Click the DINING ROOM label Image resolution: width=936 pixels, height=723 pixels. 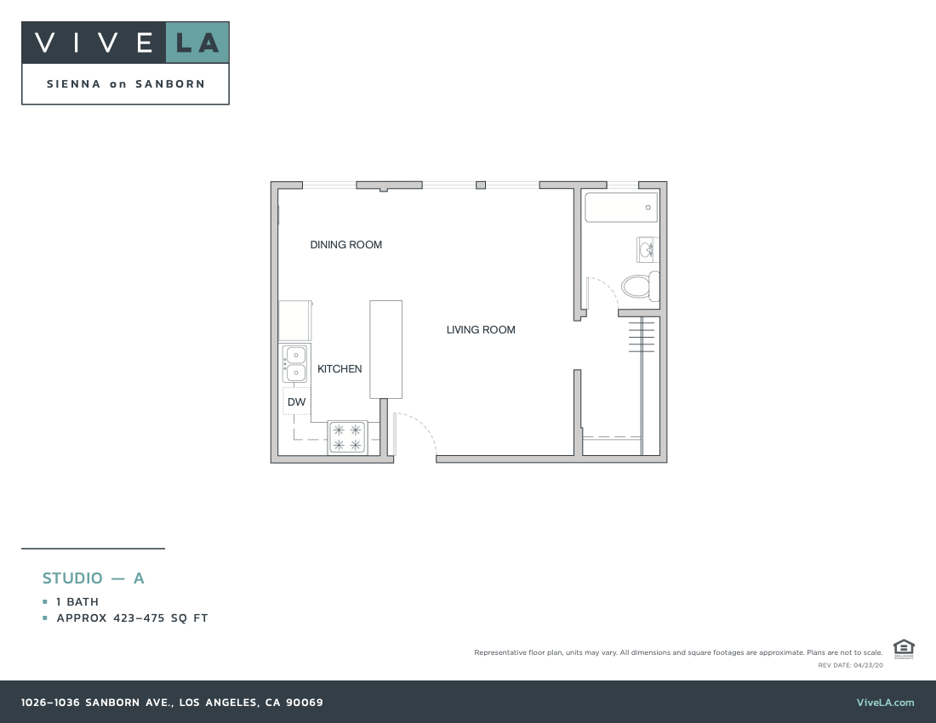click(345, 245)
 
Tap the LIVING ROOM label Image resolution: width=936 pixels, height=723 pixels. click(481, 330)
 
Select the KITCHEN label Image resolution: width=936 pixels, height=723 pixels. click(340, 369)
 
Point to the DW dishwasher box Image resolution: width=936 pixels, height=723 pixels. click(296, 401)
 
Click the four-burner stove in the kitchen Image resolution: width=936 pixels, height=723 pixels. click(347, 437)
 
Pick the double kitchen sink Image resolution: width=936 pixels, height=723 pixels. click(295, 364)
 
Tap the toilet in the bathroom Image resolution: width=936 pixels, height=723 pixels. click(641, 286)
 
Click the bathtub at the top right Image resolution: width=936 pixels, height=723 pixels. click(621, 207)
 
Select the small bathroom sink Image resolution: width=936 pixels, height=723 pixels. click(648, 249)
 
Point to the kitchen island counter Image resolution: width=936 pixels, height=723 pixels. click(385, 349)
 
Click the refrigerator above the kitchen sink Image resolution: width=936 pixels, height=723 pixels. click(294, 321)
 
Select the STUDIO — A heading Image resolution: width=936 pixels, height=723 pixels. click(94, 578)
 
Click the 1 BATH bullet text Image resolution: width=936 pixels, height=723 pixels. click(77, 602)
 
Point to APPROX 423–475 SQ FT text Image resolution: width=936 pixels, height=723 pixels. click(132, 618)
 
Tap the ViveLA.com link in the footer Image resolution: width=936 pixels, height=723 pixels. click(885, 703)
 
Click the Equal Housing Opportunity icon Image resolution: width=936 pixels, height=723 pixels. click(904, 648)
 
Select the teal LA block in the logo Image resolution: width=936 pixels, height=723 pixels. click(197, 43)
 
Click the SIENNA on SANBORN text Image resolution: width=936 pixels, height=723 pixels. click(125, 84)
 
